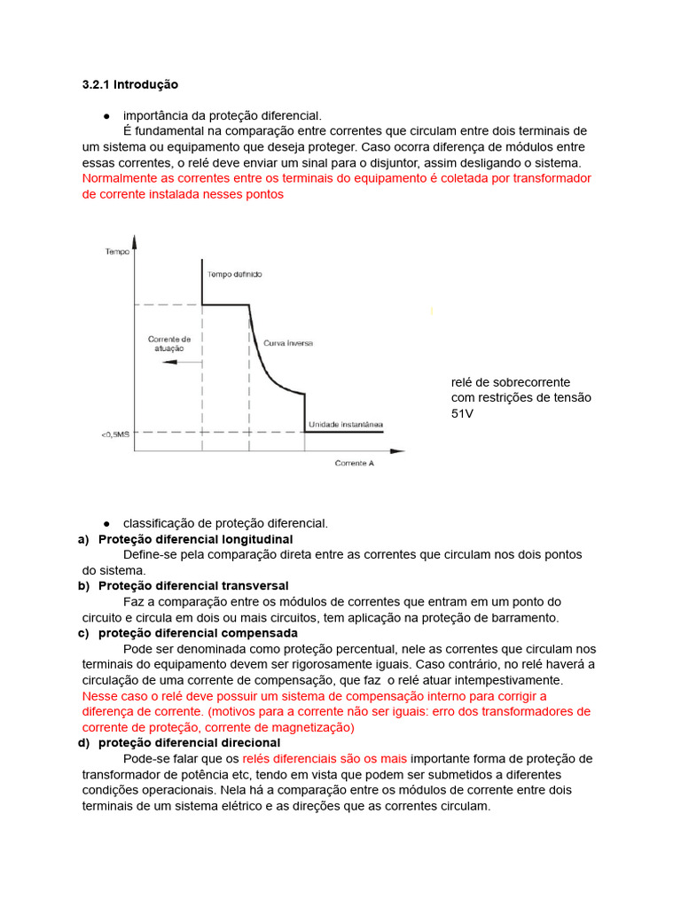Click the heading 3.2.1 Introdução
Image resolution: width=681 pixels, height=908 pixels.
129,85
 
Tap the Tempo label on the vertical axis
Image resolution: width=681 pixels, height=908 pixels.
117,252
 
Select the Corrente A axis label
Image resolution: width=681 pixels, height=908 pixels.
354,463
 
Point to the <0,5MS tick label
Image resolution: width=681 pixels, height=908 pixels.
115,434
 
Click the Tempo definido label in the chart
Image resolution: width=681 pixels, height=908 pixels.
234,275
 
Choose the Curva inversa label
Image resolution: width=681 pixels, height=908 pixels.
287,342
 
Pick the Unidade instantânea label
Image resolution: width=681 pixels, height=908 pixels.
345,426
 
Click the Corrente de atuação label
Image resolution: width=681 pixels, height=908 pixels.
168,343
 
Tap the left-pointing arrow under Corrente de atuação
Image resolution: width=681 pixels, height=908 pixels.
160,362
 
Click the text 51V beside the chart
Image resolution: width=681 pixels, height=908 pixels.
462,413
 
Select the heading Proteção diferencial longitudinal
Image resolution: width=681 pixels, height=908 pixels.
195,539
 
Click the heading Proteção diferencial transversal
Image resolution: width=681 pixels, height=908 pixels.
193,586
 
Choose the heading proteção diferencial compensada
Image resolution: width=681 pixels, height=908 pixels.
198,633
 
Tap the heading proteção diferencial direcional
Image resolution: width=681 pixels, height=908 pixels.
189,742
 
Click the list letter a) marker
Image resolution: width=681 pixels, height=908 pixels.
84,539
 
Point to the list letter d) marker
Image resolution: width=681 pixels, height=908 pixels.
84,742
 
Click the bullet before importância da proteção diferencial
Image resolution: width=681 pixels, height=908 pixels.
106,116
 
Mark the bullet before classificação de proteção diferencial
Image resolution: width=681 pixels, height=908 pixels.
106,523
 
